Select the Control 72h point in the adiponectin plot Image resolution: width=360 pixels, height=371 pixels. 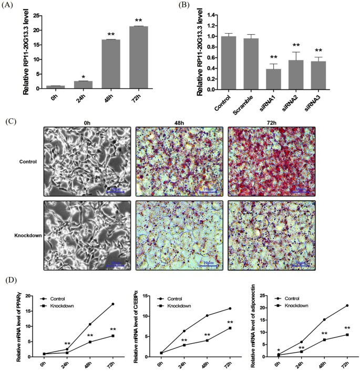(347, 306)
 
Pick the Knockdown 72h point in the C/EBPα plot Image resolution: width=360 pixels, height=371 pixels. (229, 328)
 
